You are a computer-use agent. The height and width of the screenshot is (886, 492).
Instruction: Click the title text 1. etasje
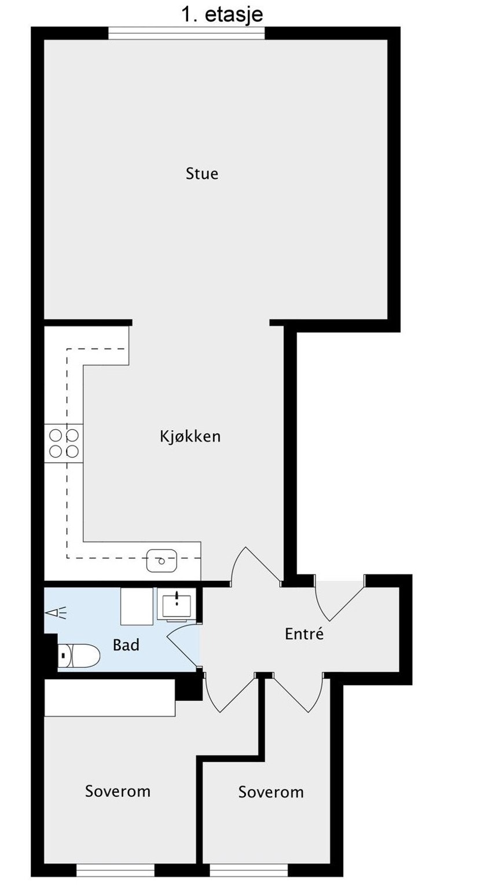click(x=222, y=14)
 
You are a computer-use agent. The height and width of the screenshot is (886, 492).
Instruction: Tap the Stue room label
click(x=202, y=173)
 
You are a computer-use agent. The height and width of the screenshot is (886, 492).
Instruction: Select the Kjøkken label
click(x=190, y=436)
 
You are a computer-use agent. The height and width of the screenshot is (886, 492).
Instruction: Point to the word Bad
click(x=126, y=645)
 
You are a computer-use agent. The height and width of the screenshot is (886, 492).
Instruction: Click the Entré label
click(x=304, y=634)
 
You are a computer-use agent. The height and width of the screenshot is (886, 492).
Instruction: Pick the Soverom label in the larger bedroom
click(x=118, y=790)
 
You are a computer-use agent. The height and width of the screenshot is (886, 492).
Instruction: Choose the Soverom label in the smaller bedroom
click(x=271, y=792)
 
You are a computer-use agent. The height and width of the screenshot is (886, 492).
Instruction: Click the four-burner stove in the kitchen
click(x=64, y=442)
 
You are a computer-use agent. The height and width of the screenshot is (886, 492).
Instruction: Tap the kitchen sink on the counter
click(x=162, y=561)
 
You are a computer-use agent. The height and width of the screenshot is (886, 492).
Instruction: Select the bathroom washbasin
click(x=177, y=605)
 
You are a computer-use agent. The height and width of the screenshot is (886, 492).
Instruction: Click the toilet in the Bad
click(x=79, y=656)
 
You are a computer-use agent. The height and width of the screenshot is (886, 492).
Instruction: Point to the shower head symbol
click(x=57, y=612)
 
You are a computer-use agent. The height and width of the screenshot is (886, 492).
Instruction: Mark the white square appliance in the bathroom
click(x=137, y=605)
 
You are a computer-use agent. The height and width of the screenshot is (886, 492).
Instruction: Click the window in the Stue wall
click(x=186, y=34)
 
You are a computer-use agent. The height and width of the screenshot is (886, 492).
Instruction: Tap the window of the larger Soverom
click(x=115, y=870)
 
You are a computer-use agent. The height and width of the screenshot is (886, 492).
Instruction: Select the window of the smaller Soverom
click(x=249, y=870)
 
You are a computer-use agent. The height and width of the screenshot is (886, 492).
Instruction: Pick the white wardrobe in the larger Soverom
click(x=110, y=698)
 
